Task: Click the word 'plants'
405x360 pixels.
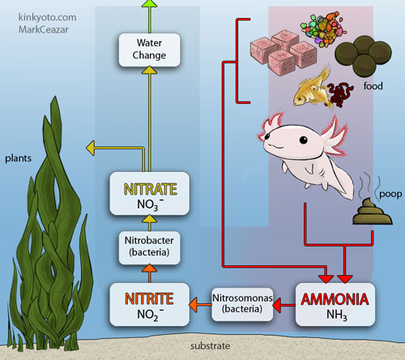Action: click(18, 158)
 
